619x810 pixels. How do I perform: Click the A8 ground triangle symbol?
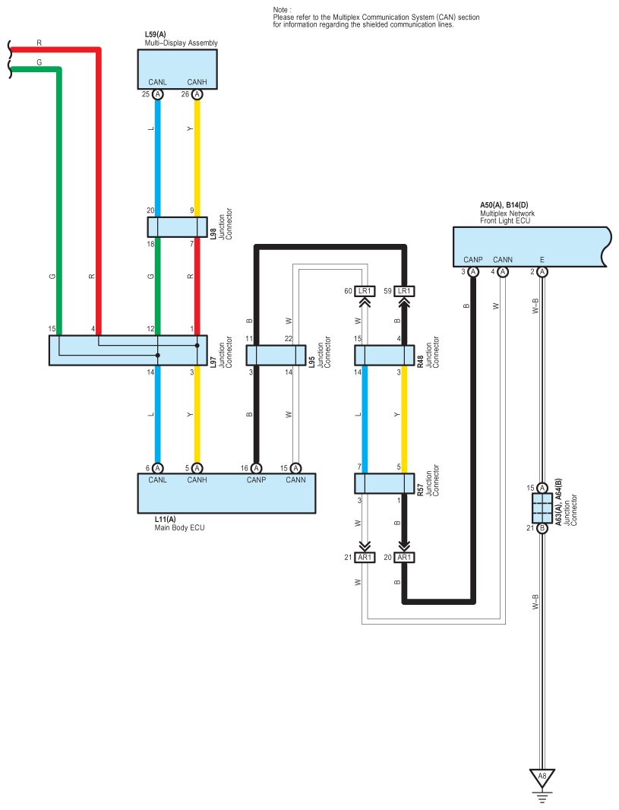point(542,777)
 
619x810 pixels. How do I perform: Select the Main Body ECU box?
point(226,493)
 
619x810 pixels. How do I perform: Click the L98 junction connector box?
point(177,226)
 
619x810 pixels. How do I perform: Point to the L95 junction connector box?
point(276,356)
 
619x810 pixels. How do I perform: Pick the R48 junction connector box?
point(384,356)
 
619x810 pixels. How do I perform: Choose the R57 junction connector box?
point(384,483)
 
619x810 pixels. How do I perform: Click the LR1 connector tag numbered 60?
point(365,291)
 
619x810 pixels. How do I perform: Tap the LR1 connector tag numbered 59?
point(404,291)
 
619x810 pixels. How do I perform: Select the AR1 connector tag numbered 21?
point(365,558)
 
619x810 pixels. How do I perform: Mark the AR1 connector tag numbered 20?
point(404,558)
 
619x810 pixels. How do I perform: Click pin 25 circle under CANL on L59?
point(158,95)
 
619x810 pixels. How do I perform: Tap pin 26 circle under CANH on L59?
point(197,95)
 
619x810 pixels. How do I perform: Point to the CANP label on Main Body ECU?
point(256,479)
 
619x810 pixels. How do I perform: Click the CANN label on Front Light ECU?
point(503,260)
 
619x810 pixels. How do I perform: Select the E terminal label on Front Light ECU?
point(542,260)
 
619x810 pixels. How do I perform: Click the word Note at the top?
point(282,9)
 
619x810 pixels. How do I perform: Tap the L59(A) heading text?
point(155,35)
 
